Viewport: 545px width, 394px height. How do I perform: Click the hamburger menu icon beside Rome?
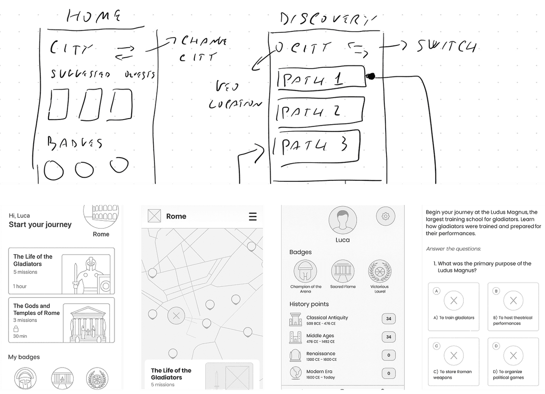[x=253, y=217]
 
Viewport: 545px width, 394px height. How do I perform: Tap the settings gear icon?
[x=386, y=216]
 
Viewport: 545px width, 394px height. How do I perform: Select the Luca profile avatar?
[x=342, y=220]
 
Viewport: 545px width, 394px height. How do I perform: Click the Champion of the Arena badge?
[x=306, y=271]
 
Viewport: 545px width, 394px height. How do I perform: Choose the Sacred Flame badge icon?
[x=343, y=271]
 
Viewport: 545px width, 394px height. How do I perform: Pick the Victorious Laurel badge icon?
[x=380, y=271]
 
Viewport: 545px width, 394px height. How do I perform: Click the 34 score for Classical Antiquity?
[x=388, y=319]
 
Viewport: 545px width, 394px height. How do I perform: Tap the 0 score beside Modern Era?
[x=388, y=374]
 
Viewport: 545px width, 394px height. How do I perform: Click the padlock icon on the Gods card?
[x=16, y=328]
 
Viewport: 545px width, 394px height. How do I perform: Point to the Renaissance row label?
[x=321, y=354]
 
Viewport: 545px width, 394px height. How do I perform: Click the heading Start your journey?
[x=40, y=224]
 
